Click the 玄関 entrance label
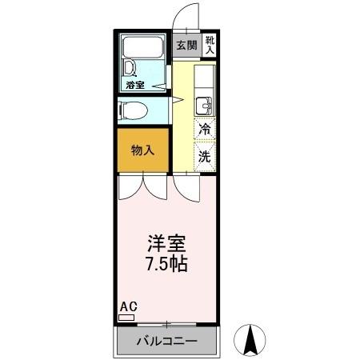point(186,46)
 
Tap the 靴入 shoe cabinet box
point(210,46)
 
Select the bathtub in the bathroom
point(144,48)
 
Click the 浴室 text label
point(134,84)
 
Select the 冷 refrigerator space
point(206,129)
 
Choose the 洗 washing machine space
point(206,156)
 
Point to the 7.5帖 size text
point(166,264)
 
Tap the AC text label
point(127,306)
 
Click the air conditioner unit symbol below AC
point(126,317)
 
